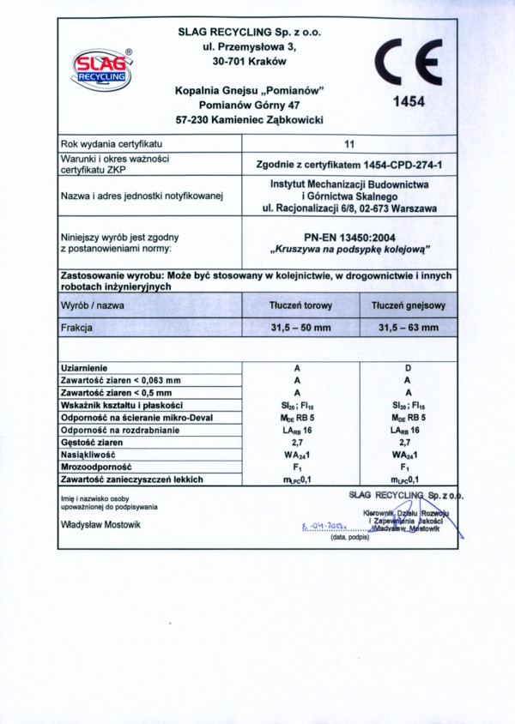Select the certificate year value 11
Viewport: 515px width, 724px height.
(348, 144)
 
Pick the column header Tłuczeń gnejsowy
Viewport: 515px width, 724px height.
(408, 305)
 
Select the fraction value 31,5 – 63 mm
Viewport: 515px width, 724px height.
(408, 327)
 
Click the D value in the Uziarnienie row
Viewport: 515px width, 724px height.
(408, 367)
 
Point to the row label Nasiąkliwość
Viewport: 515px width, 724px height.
(88, 454)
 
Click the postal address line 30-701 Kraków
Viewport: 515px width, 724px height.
(249, 61)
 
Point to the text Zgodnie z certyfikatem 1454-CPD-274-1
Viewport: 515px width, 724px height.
(348, 163)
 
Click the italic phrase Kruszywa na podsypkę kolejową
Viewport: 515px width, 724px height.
(348, 250)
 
